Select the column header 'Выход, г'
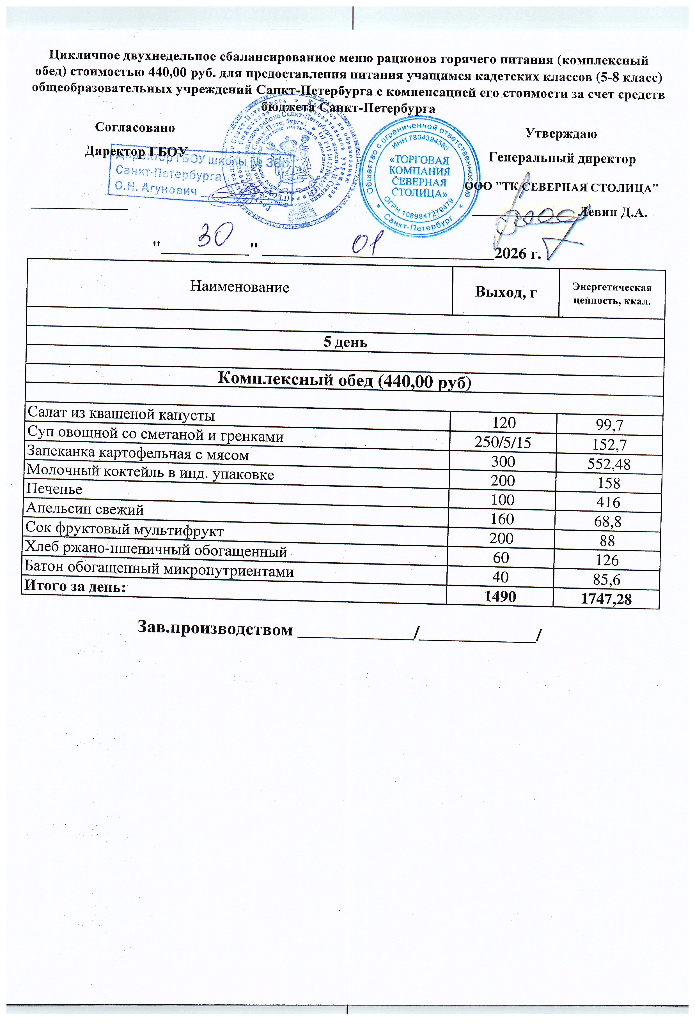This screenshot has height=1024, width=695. coord(505,292)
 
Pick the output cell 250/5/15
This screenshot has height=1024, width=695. coord(503,442)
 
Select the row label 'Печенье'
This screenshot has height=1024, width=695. coord(54,489)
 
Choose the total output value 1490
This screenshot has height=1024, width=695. coord(500,597)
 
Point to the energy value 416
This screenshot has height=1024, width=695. coord(608,502)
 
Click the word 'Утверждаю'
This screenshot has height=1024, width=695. coord(561,134)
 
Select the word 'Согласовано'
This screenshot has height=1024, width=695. coord(135,128)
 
